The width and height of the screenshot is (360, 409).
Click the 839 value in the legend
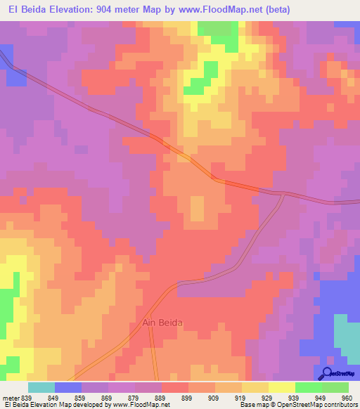(27, 397)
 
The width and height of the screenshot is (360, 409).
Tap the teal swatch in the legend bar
(41, 387)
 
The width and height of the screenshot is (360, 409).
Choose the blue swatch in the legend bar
(68, 387)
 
